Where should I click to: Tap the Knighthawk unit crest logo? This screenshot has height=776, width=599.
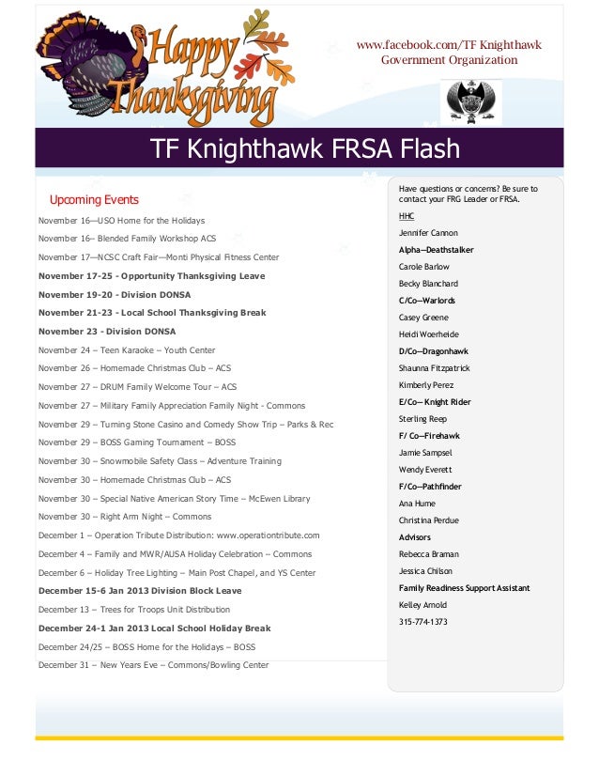click(470, 101)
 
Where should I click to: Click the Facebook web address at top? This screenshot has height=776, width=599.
click(448, 45)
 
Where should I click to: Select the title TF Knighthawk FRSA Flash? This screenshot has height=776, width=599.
click(305, 149)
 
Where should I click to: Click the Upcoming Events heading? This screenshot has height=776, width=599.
click(94, 199)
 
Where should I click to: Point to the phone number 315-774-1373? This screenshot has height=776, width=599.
click(422, 622)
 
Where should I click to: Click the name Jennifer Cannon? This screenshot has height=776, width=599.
click(428, 233)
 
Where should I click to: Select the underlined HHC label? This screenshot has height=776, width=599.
click(406, 216)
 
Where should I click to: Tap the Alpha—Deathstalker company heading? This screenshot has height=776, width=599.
click(436, 250)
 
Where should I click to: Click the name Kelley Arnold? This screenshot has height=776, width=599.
click(422, 605)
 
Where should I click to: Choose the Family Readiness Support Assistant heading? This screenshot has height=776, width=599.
click(464, 588)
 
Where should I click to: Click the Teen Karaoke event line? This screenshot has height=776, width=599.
click(127, 350)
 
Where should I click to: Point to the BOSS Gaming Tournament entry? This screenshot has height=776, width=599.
click(137, 442)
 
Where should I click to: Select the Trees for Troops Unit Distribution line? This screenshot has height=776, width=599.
click(134, 610)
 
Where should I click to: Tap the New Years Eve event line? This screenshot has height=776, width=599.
click(153, 665)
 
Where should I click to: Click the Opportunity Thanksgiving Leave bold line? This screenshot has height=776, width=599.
click(151, 276)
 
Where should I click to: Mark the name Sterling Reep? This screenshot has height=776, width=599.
click(422, 419)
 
